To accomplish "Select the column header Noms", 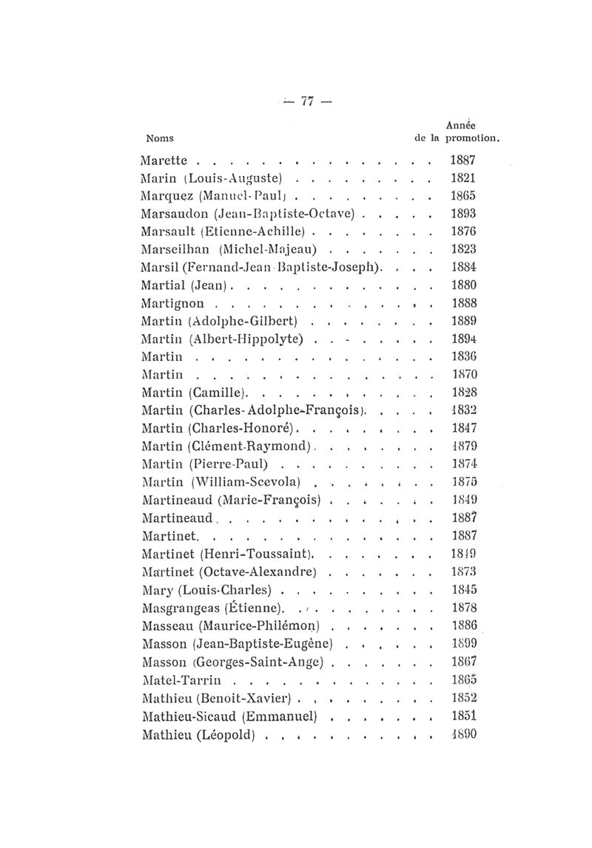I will [x=160, y=138].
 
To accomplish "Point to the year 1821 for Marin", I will [x=462, y=178].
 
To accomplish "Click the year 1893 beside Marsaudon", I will [x=462, y=214].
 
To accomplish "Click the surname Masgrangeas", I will [x=180, y=609].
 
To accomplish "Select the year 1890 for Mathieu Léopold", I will [x=462, y=734].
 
